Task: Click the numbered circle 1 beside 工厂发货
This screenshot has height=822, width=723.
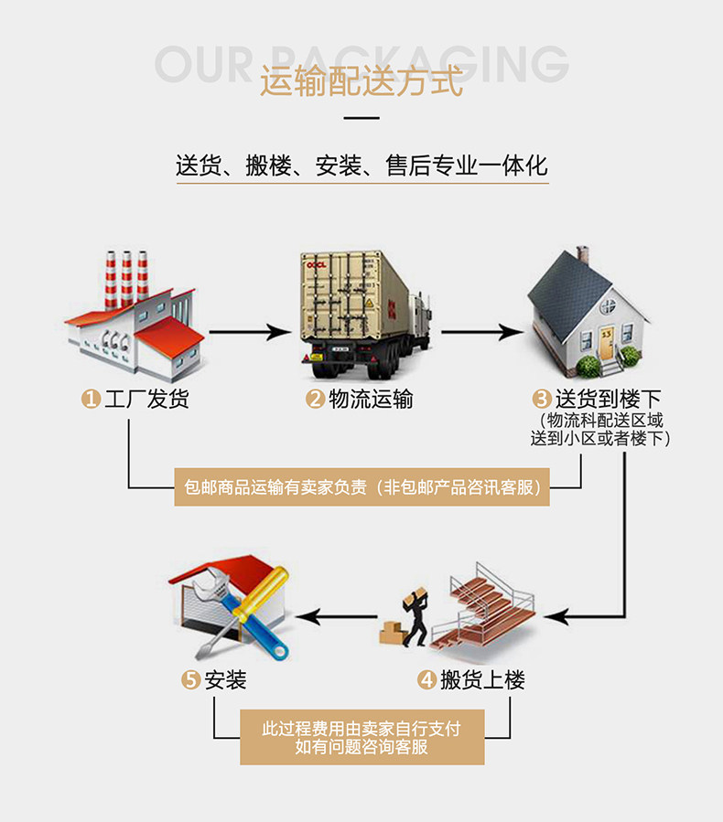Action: coord(91,399)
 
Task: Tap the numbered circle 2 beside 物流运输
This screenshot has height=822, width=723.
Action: coord(315,399)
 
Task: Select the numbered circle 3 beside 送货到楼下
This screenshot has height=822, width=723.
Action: coord(543,399)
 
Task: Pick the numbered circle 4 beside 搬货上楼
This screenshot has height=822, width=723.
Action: coord(426,680)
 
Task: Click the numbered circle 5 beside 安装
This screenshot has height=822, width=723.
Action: coord(191,680)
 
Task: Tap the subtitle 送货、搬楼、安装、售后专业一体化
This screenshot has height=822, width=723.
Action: coord(361,165)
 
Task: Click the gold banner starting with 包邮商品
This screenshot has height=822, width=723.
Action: coord(361,487)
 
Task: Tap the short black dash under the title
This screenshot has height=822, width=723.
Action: coord(361,118)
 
